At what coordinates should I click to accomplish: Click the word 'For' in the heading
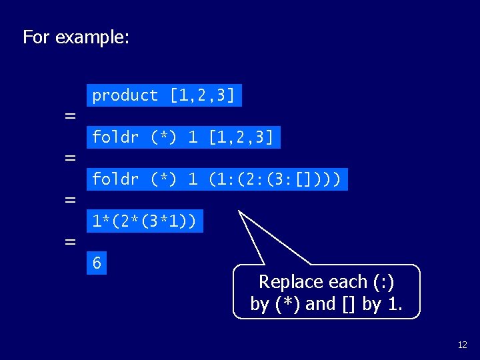point(36,37)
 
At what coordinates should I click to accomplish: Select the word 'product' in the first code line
point(125,95)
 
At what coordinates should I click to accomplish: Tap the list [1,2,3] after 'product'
point(202,95)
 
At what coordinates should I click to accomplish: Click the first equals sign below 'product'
point(69,116)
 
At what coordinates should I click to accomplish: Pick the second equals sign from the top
point(69,158)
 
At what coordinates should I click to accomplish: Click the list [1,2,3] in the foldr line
point(241,137)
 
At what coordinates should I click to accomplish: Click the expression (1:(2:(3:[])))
point(275,179)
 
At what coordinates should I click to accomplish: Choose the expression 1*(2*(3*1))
point(144,221)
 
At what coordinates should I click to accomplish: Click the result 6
point(97,263)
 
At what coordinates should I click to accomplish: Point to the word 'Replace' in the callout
point(285,282)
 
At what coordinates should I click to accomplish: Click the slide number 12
point(462,345)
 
